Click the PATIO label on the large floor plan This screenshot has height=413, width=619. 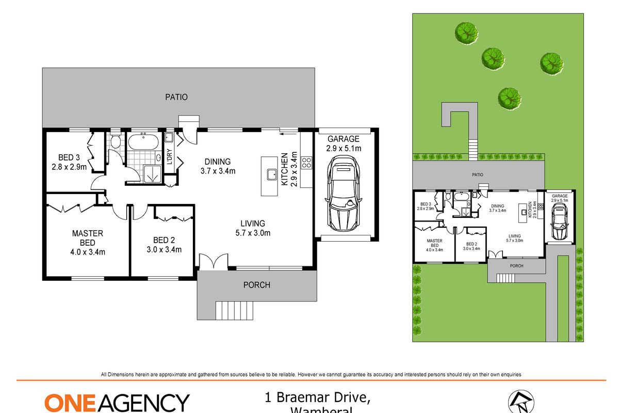[176, 97]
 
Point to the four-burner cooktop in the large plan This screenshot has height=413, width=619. [306, 163]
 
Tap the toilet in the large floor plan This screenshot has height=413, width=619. [116, 141]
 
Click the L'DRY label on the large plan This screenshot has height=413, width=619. [169, 157]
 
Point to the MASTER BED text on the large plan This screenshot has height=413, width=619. [87, 238]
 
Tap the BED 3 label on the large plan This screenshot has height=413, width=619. [65, 157]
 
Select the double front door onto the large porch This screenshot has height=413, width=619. [213, 262]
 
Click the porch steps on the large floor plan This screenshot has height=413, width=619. [235, 310]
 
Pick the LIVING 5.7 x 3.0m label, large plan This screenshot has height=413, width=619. [252, 228]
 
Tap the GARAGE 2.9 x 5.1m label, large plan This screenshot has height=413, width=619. [344, 144]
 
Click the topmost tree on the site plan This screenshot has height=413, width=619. [466, 32]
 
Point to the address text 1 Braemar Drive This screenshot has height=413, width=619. [317, 398]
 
